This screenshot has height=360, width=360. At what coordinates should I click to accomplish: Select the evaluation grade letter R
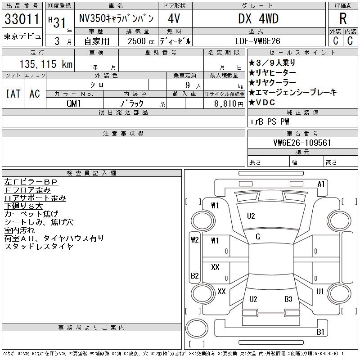(343, 19)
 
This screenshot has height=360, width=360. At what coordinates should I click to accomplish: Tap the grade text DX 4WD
(258, 18)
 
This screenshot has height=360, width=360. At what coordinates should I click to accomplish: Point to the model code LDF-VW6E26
(258, 41)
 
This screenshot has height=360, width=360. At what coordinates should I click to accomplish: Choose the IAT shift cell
(13, 94)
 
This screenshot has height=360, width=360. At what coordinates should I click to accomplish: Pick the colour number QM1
(74, 103)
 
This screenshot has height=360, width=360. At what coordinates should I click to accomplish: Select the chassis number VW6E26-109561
(302, 143)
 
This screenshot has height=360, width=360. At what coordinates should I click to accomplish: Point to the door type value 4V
(174, 19)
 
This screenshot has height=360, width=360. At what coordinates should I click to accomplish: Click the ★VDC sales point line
(264, 102)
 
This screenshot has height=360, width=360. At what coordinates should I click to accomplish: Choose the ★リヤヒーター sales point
(272, 72)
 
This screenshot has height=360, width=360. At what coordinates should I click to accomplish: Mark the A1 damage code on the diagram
(321, 184)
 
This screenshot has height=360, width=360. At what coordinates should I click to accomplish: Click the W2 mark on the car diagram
(195, 239)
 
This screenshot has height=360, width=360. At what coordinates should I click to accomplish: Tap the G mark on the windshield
(258, 237)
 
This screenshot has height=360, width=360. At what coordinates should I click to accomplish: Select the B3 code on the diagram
(288, 299)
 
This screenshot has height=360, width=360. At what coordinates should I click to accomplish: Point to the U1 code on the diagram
(320, 292)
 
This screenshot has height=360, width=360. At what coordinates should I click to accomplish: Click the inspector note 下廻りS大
(23, 206)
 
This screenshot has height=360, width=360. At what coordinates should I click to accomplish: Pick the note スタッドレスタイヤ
(39, 246)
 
